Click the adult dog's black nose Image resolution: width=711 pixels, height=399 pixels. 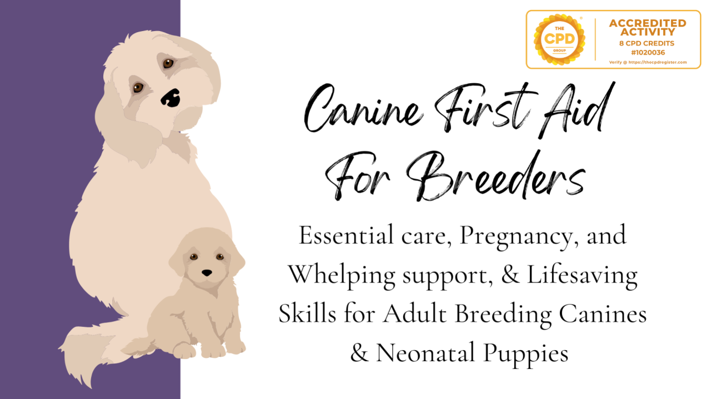point(171,98)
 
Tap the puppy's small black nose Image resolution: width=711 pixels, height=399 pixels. point(207,273)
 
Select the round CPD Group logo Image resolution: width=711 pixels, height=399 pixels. point(559,39)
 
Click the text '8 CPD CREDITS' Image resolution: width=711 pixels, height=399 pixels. point(647,43)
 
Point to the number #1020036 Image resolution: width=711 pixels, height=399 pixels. point(648,53)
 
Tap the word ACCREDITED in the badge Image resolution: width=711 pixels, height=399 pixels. point(648,23)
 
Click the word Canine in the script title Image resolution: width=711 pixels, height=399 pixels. point(363,108)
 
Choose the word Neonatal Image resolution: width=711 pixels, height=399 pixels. point(425,353)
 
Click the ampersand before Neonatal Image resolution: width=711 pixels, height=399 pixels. point(359,353)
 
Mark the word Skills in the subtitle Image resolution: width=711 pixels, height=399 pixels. point(307,314)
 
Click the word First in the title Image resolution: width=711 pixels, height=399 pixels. point(485,108)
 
